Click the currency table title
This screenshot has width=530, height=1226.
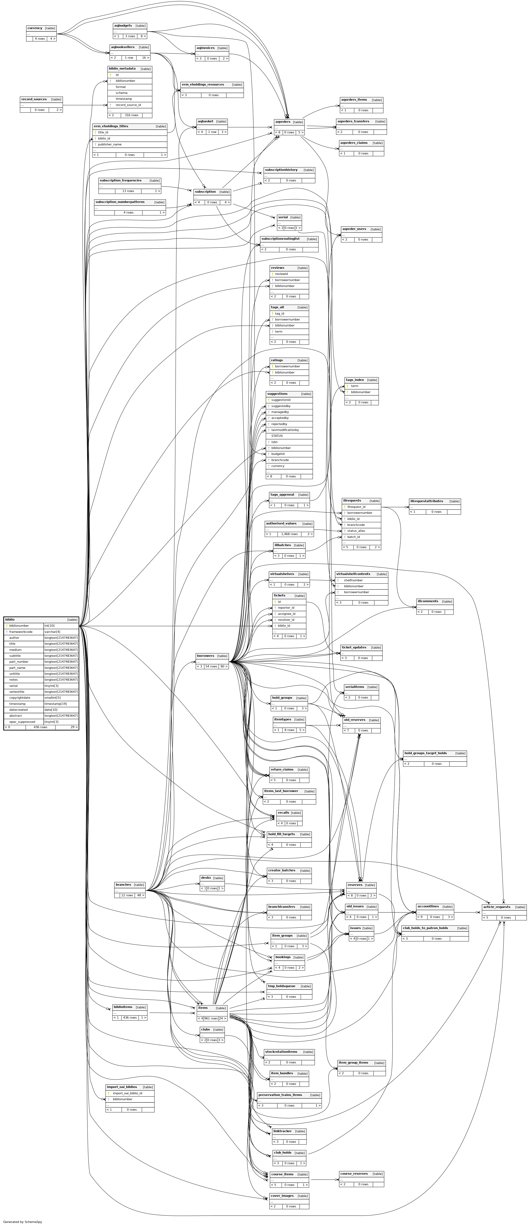[x=35, y=28]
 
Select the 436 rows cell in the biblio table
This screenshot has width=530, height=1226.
[x=40, y=727]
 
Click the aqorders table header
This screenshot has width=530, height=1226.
[x=283, y=122]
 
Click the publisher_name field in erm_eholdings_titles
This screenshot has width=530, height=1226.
[x=109, y=144]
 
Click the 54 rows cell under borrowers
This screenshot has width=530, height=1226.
[x=211, y=666]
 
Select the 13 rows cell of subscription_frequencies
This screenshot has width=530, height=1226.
[x=128, y=191]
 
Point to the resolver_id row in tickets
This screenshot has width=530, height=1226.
[x=286, y=620]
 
